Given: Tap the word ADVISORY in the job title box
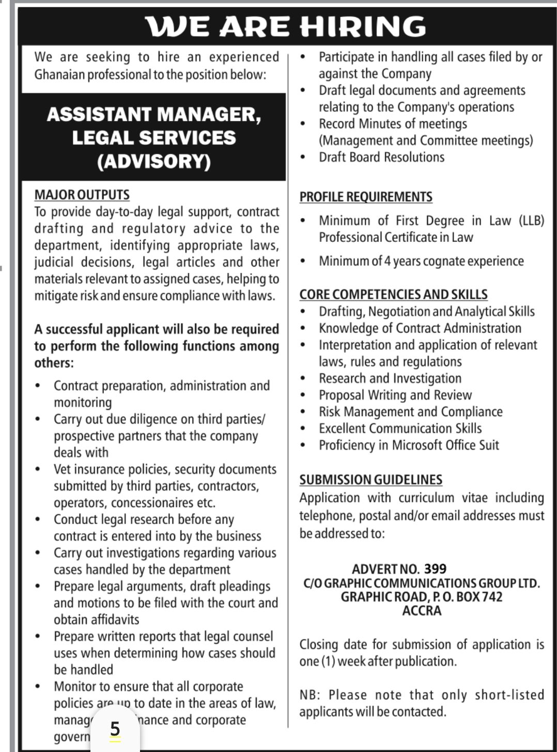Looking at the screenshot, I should (154, 162).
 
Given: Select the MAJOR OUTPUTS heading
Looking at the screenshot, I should (82, 195).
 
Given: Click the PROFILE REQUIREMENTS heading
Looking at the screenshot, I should (366, 197).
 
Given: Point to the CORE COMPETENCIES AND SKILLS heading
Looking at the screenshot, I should (393, 294).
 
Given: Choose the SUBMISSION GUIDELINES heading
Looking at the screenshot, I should (370, 480).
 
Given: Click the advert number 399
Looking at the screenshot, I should (435, 569).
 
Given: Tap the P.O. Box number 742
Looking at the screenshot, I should (489, 597).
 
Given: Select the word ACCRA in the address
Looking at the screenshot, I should (422, 611).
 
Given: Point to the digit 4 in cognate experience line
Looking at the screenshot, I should (387, 261).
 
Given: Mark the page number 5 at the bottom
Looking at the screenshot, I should (115, 729).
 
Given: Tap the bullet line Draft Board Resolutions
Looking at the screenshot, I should (381, 157).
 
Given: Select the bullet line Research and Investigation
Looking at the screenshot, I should (390, 378).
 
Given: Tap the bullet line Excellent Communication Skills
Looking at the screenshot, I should (400, 428).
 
